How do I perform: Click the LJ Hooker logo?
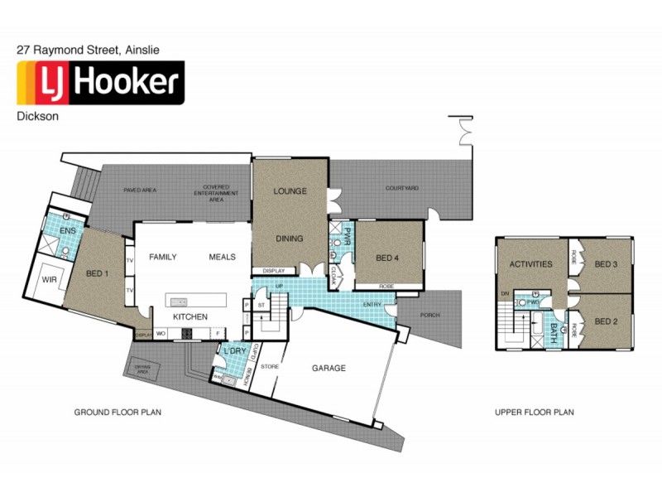coord(100,83)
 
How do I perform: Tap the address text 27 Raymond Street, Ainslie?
coord(89,50)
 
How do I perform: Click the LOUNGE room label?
coord(290,191)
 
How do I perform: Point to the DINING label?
coord(290,239)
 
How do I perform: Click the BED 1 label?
coord(99,273)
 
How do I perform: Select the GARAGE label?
coord(329,368)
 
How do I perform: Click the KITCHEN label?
coord(189,317)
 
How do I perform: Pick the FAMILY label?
coord(163,257)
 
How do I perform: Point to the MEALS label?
coord(222,257)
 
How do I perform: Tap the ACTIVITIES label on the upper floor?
coord(530,264)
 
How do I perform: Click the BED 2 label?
coord(607,321)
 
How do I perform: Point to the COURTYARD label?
coord(402,188)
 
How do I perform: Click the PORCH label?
coord(429,315)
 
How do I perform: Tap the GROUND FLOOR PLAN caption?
coord(118,412)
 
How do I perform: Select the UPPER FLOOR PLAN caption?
coord(534,412)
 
